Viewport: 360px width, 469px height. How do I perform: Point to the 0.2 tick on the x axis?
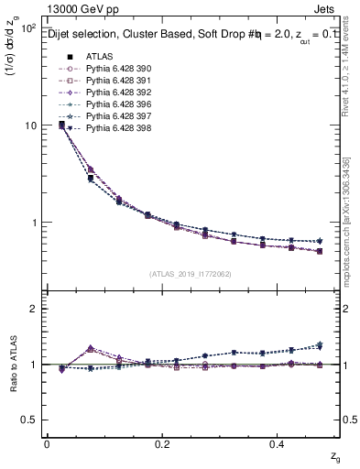163,442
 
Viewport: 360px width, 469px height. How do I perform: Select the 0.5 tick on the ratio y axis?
27,420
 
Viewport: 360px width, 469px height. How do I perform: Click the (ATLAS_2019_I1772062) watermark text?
191,273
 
